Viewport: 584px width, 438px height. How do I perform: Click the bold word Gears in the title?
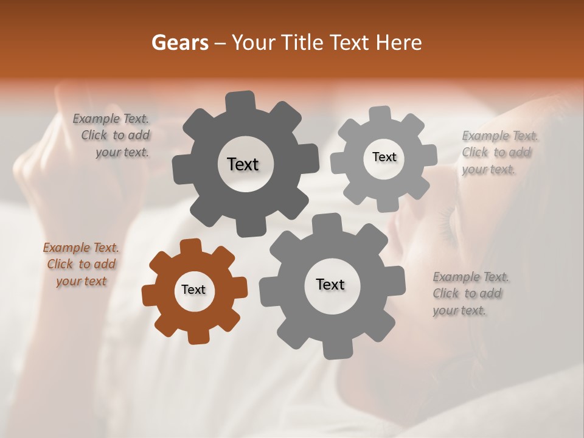(179, 43)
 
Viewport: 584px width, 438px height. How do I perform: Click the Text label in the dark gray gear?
(243, 164)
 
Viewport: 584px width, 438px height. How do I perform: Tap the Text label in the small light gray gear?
(384, 157)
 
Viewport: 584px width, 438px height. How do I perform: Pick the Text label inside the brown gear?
(193, 290)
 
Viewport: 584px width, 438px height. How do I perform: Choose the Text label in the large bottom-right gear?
(330, 284)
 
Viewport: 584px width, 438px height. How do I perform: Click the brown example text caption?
(81, 265)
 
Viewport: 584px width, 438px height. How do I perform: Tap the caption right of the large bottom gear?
(471, 294)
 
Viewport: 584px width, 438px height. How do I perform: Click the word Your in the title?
(249, 43)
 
